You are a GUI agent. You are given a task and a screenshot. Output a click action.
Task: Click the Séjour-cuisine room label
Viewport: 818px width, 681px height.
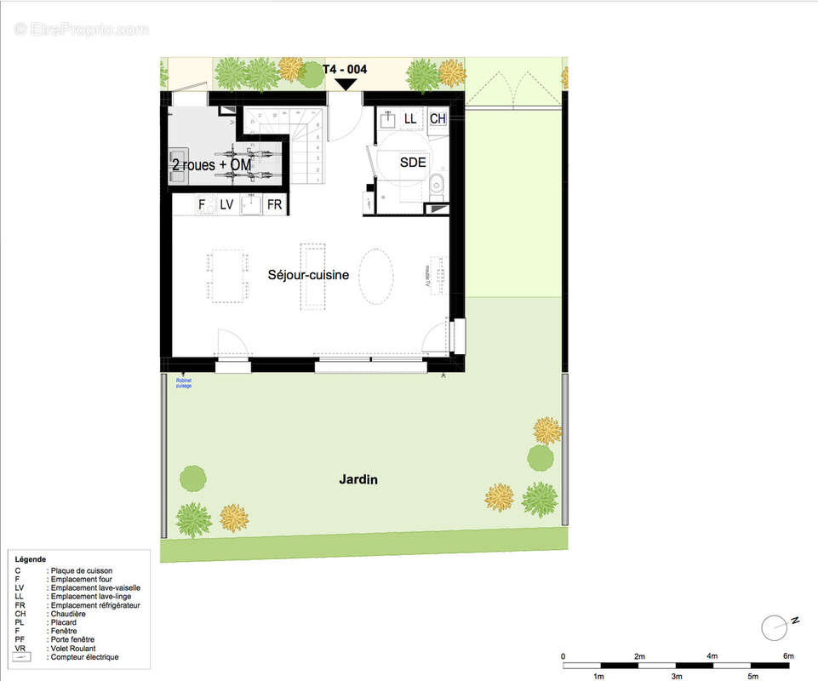[x=308, y=275]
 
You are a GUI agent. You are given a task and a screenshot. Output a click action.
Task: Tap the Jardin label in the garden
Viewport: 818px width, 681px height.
[x=358, y=480]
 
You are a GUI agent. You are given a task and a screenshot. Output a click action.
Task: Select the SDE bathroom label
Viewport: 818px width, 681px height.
[x=413, y=162]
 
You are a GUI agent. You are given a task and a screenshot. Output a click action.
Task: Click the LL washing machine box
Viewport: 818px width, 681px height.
[x=410, y=119]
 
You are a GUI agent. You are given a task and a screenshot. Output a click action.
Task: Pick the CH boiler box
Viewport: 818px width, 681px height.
[x=438, y=119]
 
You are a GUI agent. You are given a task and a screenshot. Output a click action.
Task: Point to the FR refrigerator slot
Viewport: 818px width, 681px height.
[x=274, y=204]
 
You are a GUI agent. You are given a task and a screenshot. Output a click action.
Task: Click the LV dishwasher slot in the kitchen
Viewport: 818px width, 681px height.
[x=226, y=204]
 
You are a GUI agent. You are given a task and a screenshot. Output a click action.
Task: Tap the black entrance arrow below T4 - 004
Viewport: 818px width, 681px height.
[x=346, y=84]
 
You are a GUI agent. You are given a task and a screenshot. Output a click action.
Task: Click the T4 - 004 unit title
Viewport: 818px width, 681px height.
[x=345, y=69]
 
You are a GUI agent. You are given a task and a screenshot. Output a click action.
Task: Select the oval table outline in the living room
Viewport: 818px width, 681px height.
[x=376, y=276]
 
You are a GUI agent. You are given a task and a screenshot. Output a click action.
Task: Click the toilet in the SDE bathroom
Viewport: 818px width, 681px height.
[x=437, y=181]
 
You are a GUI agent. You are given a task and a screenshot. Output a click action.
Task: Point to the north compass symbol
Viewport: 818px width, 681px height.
[x=774, y=628]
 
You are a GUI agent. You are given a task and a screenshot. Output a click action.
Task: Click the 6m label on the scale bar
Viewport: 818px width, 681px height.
[x=788, y=655]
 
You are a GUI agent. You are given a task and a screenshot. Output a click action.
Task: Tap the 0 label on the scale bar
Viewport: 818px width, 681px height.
[x=563, y=655]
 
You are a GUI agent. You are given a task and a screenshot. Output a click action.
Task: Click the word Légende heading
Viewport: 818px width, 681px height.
[x=31, y=559]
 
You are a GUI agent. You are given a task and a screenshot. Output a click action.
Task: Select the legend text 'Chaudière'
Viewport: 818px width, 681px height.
[x=68, y=614]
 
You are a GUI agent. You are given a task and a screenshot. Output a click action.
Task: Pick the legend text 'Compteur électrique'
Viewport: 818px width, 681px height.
[x=84, y=657]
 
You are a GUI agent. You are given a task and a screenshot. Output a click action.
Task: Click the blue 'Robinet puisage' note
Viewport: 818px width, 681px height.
[x=184, y=383]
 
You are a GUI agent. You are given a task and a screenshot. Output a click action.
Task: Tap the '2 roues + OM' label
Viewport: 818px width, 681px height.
[x=211, y=164]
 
